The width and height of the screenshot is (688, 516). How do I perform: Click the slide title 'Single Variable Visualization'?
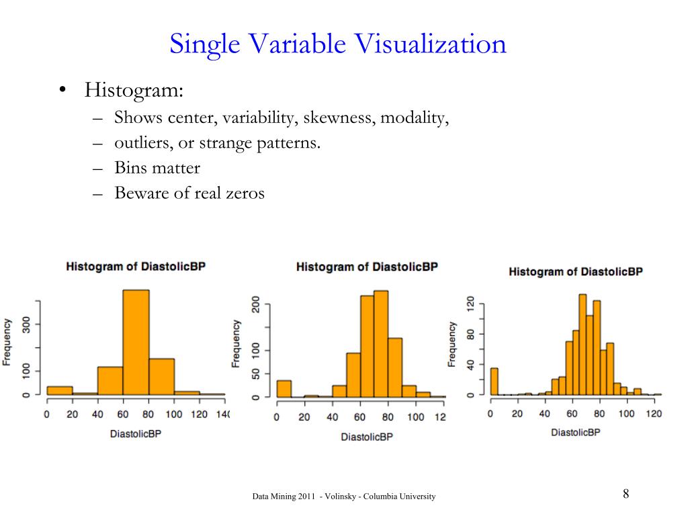[337, 45]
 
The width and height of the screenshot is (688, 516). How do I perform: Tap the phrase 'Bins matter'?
[157, 168]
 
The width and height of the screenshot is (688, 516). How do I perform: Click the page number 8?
[626, 494]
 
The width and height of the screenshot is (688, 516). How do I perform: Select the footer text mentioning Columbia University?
[344, 497]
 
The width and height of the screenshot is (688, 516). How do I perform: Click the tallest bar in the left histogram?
[136, 342]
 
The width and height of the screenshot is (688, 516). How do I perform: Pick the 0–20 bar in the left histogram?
[59, 390]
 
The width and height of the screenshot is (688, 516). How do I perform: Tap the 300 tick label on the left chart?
[26, 325]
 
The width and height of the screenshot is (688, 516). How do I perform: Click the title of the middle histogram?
[367, 267]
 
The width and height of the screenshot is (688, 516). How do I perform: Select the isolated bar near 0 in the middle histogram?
[284, 388]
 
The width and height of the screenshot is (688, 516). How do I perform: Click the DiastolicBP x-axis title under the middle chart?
[366, 437]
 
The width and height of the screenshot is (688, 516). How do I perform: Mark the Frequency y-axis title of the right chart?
[452, 344]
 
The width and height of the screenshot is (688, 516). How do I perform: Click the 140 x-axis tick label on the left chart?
[222, 415]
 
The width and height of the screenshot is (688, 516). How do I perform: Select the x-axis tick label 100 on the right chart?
[626, 414]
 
